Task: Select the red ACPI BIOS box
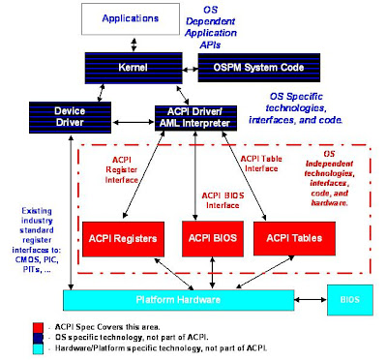(x=209, y=237)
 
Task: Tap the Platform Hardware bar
(x=193, y=299)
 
